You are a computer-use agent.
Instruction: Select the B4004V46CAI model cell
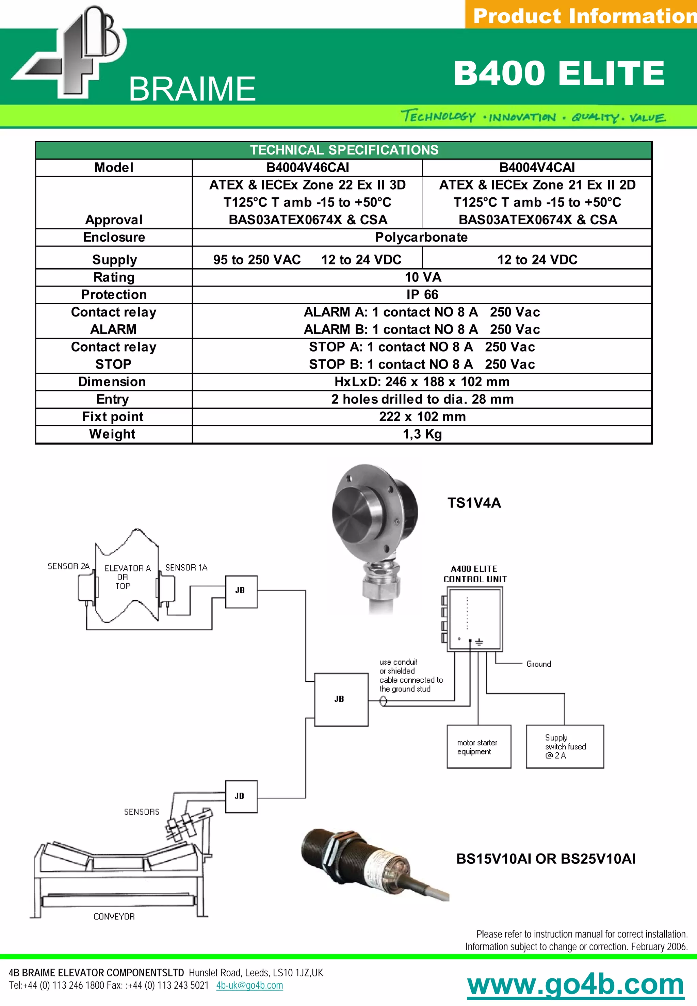(x=307, y=168)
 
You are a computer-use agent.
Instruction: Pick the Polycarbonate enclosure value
(x=421, y=237)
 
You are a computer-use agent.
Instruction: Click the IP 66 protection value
(x=422, y=295)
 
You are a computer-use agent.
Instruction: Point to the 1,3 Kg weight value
(x=422, y=434)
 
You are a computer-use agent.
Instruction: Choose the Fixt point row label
(x=113, y=417)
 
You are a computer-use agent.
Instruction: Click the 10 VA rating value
(x=423, y=277)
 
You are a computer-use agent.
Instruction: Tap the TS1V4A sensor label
(x=474, y=503)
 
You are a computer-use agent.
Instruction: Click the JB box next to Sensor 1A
(x=241, y=591)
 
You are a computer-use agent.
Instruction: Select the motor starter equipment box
(x=479, y=747)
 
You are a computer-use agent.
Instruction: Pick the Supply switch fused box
(x=565, y=747)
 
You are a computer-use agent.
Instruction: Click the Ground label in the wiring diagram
(x=538, y=664)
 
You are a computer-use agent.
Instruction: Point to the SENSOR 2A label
(x=68, y=566)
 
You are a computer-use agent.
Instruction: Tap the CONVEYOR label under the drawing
(x=114, y=916)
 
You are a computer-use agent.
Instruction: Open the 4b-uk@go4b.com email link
(x=249, y=986)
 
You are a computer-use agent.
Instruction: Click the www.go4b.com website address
(x=575, y=985)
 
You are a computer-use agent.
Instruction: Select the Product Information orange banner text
(x=584, y=16)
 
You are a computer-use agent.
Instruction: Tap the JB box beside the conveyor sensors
(x=241, y=796)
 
